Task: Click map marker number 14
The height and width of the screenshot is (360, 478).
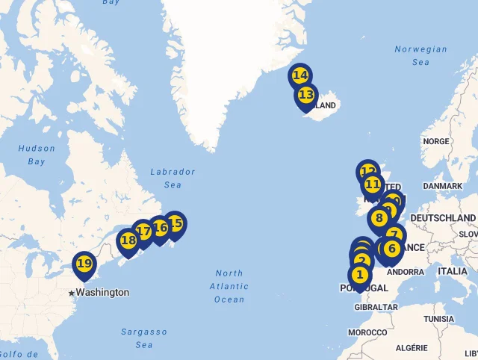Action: [x=299, y=76]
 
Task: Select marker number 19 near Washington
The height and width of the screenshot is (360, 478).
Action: [x=84, y=264]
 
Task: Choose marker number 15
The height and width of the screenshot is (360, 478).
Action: [x=175, y=223]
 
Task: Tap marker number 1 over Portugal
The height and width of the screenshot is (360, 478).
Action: [x=360, y=275]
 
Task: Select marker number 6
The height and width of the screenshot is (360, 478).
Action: [x=391, y=249]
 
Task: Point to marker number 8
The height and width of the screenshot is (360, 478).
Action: [x=379, y=219]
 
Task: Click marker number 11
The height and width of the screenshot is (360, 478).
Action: [x=372, y=184]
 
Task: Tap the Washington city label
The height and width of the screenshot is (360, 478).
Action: [x=102, y=293]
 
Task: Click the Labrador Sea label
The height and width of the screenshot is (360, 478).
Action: [x=173, y=178]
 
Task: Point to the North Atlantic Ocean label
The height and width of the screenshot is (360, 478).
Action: [x=229, y=286]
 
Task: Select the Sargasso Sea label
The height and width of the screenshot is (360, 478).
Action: [x=144, y=338]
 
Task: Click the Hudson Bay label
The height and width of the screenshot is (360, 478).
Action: [x=37, y=155]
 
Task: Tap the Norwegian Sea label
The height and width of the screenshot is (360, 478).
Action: [x=420, y=56]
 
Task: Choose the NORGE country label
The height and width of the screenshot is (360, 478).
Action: [x=435, y=141]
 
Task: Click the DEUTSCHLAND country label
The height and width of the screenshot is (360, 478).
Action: [x=443, y=217]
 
